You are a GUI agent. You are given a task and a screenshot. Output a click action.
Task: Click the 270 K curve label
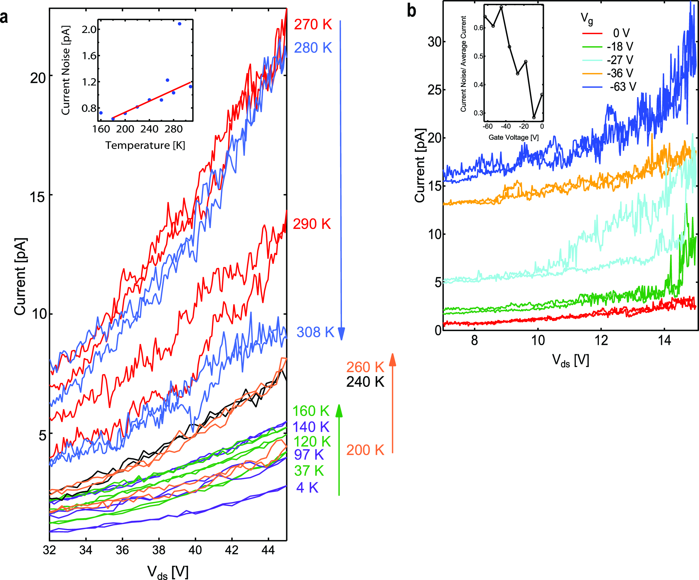[313, 25]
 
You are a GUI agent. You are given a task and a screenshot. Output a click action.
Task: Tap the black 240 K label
[365, 382]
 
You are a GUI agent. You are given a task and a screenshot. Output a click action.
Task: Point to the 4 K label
[307, 488]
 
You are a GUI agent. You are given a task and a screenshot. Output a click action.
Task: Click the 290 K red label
[312, 224]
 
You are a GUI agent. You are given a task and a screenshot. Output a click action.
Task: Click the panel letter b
[411, 11]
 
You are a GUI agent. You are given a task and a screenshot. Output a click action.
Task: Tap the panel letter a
[4, 17]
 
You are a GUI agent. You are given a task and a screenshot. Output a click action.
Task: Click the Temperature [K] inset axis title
[145, 145]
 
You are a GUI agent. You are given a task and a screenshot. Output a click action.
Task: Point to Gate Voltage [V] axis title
[513, 137]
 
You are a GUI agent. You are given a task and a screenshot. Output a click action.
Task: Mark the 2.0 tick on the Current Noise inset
[89, 29]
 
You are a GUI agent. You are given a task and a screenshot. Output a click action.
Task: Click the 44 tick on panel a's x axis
[268, 551]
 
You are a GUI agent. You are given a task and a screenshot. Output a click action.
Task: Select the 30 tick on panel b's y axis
[434, 42]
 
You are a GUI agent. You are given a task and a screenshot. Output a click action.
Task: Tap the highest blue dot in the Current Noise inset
[179, 24]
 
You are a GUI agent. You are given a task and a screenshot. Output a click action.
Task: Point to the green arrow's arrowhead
[339, 411]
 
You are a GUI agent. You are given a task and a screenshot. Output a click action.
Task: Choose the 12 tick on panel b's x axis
[601, 340]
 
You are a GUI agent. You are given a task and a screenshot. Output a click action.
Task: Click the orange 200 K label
[365, 450]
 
